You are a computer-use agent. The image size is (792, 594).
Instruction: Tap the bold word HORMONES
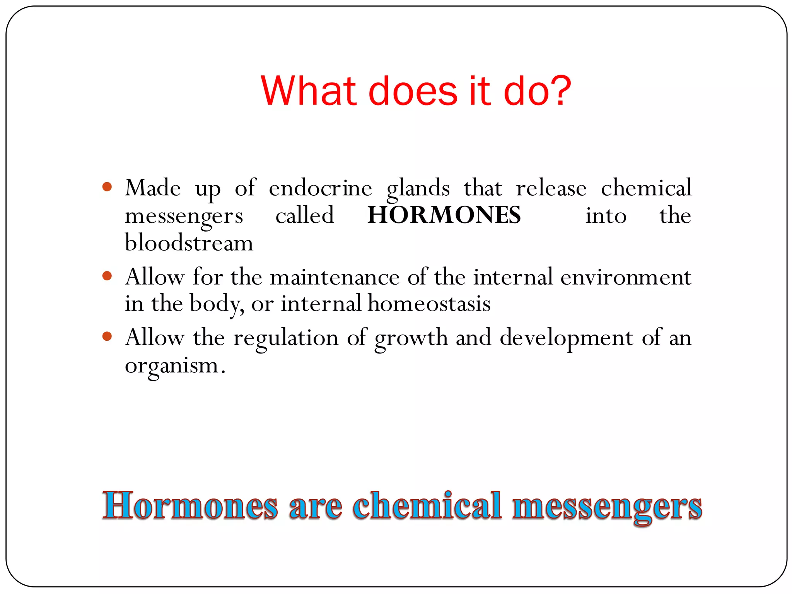point(444,215)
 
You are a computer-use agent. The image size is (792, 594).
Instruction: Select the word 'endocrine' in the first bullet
point(320,188)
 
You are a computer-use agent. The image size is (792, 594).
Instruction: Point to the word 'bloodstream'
point(189,243)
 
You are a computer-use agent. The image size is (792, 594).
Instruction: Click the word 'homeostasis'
point(429,304)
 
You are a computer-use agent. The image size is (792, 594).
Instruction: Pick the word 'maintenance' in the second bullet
point(335,277)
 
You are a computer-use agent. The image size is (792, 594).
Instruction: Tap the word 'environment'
point(625,277)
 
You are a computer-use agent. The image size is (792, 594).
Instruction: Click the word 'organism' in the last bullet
point(172,366)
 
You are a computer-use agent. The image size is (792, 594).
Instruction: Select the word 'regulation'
point(286,338)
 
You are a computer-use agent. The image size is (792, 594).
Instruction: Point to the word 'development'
point(567,338)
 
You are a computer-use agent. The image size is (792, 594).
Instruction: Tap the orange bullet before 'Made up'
point(107,187)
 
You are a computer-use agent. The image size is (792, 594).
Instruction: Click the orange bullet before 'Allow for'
point(107,276)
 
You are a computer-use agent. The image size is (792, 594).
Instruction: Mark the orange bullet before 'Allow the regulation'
point(107,336)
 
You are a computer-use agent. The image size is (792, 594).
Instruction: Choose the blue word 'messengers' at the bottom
point(607,507)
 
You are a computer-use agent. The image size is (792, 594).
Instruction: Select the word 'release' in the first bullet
point(551,188)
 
